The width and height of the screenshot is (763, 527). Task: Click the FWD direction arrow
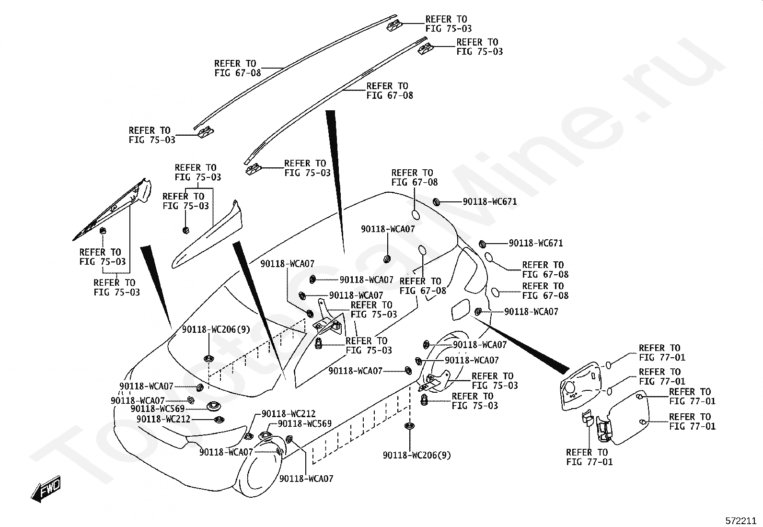point(46,490)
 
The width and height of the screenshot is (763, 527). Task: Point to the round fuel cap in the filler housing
point(570,387)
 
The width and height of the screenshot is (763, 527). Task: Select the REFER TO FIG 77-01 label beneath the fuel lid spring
point(589,457)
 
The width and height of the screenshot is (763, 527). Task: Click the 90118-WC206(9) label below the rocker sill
point(416,455)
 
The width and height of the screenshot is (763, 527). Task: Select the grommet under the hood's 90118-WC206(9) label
point(208,357)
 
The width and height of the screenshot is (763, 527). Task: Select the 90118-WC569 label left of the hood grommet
point(157,409)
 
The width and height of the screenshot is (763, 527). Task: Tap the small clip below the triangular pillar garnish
point(102,232)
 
